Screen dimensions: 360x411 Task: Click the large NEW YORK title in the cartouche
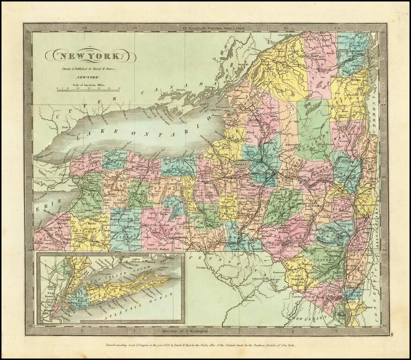tap(90, 56)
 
